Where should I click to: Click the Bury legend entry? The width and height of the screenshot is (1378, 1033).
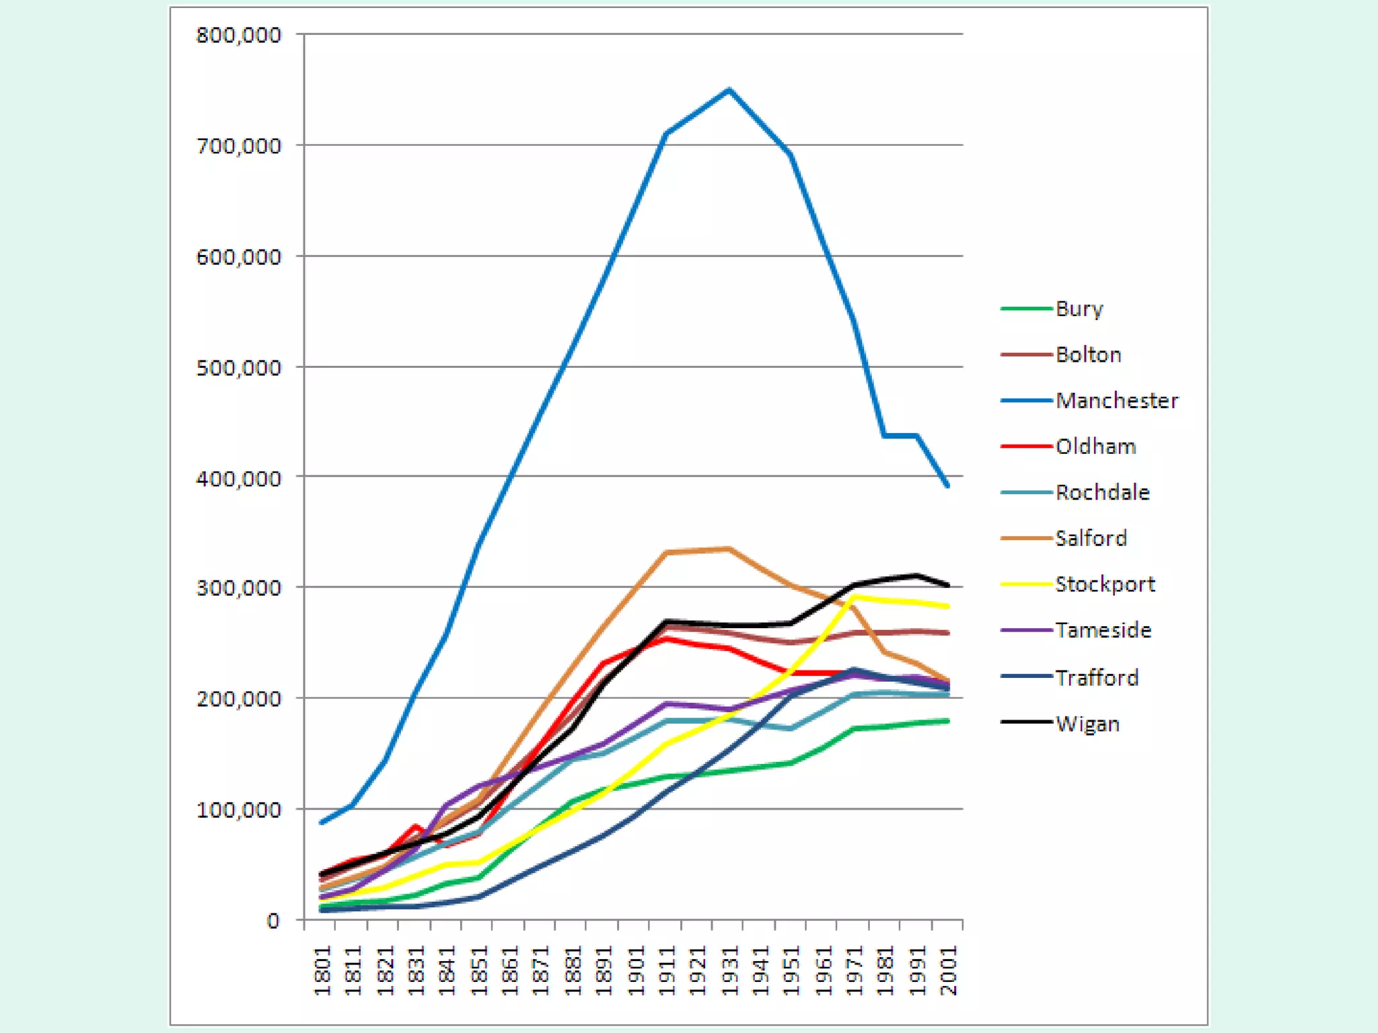coord(1079,309)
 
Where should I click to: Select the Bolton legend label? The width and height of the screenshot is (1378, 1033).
coord(1088,354)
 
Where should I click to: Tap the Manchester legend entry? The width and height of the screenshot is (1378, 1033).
coord(1116,401)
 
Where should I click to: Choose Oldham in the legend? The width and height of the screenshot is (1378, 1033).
coord(1095,447)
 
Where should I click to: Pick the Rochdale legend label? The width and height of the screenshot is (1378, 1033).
coord(1102,492)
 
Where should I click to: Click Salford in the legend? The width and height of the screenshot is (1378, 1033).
coord(1091,538)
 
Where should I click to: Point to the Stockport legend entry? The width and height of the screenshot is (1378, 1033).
coord(1105,584)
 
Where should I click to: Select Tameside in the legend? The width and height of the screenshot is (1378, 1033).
coord(1103,630)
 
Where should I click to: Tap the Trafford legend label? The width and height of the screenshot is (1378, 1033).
coord(1097,677)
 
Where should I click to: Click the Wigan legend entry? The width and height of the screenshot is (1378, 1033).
coord(1087,724)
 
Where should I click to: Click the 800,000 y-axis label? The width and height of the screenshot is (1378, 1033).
coord(238,35)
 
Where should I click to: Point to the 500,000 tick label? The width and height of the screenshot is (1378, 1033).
coord(238,368)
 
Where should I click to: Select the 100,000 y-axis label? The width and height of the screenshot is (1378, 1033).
coord(238,810)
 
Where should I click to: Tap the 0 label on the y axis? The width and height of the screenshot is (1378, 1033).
coord(273,921)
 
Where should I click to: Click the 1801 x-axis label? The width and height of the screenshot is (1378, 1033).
coord(323,970)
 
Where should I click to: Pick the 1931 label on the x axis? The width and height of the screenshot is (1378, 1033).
coord(730,970)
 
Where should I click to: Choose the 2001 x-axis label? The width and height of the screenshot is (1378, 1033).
coord(949,970)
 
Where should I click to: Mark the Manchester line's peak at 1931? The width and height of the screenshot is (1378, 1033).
coord(729,89)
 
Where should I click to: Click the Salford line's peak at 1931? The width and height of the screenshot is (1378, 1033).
coord(729,549)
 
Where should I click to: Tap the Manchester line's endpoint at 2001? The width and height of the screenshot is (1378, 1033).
coord(947,486)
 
